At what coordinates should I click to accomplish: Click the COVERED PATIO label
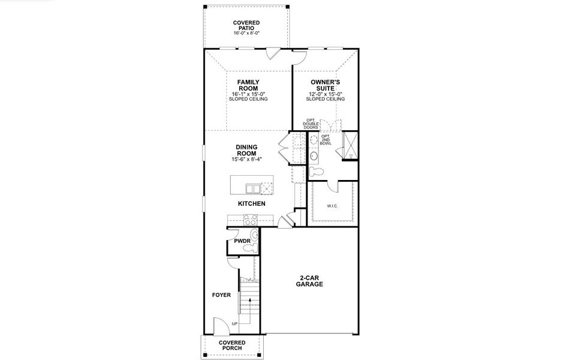[246, 25]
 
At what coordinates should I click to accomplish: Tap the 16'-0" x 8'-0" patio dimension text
[246, 34]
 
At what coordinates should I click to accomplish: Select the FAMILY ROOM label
[248, 85]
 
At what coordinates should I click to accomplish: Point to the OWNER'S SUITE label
[326, 85]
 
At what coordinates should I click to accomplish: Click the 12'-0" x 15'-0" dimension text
[326, 94]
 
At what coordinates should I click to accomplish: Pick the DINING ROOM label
[246, 150]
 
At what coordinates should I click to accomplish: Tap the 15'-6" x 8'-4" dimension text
[246, 160]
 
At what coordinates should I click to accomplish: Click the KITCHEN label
[252, 204]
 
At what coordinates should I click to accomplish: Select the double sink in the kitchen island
[257, 188]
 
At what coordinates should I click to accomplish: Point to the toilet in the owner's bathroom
[318, 172]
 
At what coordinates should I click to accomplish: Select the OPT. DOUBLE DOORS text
[311, 124]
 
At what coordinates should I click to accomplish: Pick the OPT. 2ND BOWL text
[326, 140]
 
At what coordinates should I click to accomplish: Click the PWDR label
[242, 241]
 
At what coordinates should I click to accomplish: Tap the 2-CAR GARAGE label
[309, 281]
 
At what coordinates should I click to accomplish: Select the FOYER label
[221, 295]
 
